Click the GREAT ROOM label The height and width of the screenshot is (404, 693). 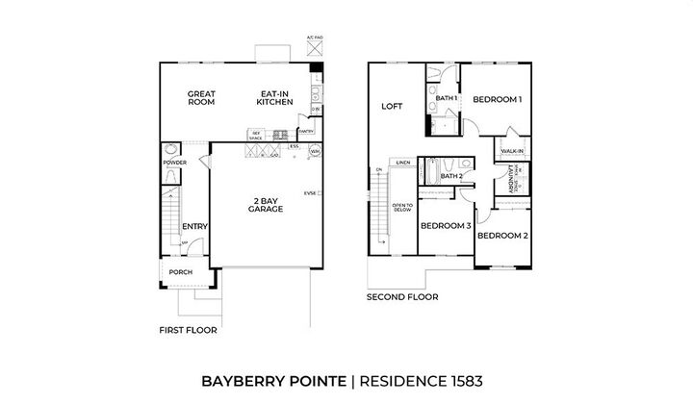coord(201,97)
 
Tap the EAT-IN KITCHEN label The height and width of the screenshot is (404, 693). coord(274,97)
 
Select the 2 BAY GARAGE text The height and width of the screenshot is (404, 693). coord(265,205)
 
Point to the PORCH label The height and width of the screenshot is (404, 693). coord(180,272)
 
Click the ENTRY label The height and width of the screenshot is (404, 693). coord(195,227)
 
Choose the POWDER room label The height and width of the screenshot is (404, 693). coord(173,163)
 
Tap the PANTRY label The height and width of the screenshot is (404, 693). coord(307,130)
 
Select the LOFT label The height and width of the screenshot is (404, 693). coord(391,107)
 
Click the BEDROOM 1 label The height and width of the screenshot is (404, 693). coord(497,99)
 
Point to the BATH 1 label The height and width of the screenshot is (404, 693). coord(446,99)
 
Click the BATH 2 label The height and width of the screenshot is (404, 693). coord(451,176)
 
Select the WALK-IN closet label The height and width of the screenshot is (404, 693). coord(512,151)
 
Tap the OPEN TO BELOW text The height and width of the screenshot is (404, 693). coord(402,209)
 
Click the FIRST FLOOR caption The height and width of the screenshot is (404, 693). coord(188,329)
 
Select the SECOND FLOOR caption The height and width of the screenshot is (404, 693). coord(402,297)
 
